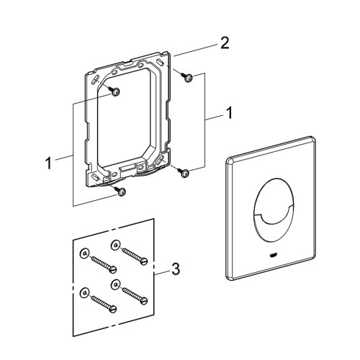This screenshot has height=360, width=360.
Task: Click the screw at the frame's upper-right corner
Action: pos(187,78)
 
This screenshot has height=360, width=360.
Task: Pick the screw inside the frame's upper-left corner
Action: pos(115,91)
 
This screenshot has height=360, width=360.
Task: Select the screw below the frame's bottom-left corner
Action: pos(120,191)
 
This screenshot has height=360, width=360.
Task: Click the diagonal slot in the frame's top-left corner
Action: pos(94,77)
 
